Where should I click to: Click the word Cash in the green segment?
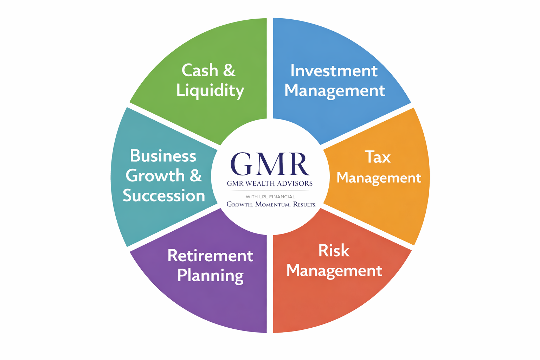click(200, 70)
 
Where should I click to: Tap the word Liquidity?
click(210, 91)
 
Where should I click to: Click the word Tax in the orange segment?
click(378, 157)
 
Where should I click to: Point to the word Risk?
click(334, 251)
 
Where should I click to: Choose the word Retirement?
click(210, 256)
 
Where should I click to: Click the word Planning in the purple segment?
click(211, 276)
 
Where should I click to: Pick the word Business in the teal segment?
click(163, 156)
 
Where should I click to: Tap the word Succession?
click(164, 195)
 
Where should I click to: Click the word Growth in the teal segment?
click(155, 175)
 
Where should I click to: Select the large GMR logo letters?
click(270, 164)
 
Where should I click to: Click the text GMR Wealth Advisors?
click(270, 184)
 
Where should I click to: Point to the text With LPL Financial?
click(270, 197)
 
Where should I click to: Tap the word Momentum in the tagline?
click(273, 205)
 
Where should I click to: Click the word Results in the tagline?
click(304, 205)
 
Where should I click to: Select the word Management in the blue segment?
click(335, 91)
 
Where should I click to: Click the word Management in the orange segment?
click(379, 178)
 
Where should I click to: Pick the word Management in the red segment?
click(334, 271)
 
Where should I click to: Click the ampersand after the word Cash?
click(229, 70)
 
